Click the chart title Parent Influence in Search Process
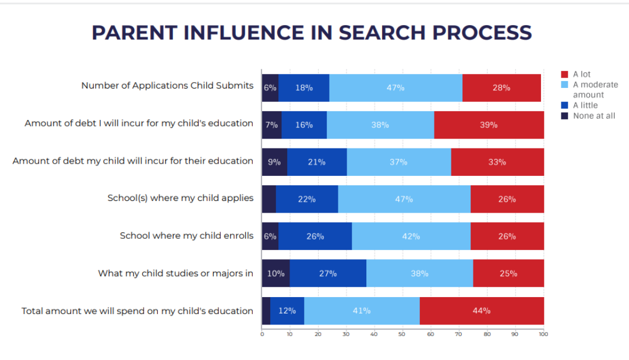(x=312, y=32)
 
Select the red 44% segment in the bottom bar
(x=481, y=310)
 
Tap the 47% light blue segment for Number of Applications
(x=395, y=87)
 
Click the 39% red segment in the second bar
(x=489, y=125)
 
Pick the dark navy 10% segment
(x=275, y=273)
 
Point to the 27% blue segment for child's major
(x=328, y=273)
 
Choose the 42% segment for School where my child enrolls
(x=411, y=236)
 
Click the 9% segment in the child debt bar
(x=274, y=162)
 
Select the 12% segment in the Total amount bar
(x=287, y=310)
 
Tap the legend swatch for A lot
(x=564, y=75)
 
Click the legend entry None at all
(x=593, y=116)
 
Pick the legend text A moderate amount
(x=595, y=90)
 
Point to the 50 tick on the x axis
(x=402, y=334)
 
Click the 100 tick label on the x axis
(x=543, y=334)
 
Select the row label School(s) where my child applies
(x=181, y=198)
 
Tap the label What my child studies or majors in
(x=175, y=273)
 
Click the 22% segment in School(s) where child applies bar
(x=306, y=199)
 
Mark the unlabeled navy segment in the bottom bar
(x=266, y=310)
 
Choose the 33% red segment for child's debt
(x=497, y=162)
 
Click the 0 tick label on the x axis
(x=262, y=334)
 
